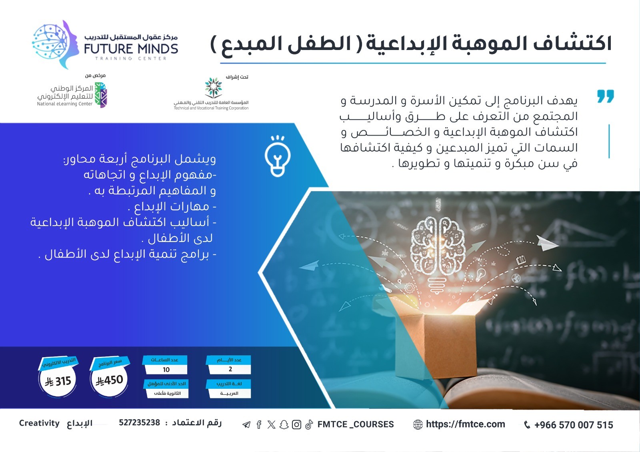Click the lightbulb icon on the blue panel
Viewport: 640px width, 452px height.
pyautogui.click(x=278, y=156)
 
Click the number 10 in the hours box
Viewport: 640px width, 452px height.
pyautogui.click(x=166, y=370)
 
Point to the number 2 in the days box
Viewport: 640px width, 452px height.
pyautogui.click(x=230, y=369)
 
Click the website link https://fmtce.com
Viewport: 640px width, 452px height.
pyautogui.click(x=466, y=424)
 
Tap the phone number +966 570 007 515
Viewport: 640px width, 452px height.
pyautogui.click(x=574, y=425)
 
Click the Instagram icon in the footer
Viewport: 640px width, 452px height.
pyautogui.click(x=296, y=424)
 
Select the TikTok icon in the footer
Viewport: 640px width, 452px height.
pyautogui.click(x=309, y=424)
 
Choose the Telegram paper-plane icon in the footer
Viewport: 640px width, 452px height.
pyautogui.click(x=246, y=425)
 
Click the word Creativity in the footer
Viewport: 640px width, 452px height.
pyautogui.click(x=39, y=423)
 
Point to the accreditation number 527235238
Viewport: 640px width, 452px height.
pyautogui.click(x=140, y=422)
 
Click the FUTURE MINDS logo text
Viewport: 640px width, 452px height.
pyautogui.click(x=131, y=49)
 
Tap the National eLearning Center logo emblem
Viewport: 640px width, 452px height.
pyautogui.click(x=101, y=95)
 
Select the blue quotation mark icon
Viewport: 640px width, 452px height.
pyautogui.click(x=606, y=96)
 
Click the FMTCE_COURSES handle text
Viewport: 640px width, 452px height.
pyautogui.click(x=356, y=424)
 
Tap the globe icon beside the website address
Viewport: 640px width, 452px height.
pyautogui.click(x=418, y=424)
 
